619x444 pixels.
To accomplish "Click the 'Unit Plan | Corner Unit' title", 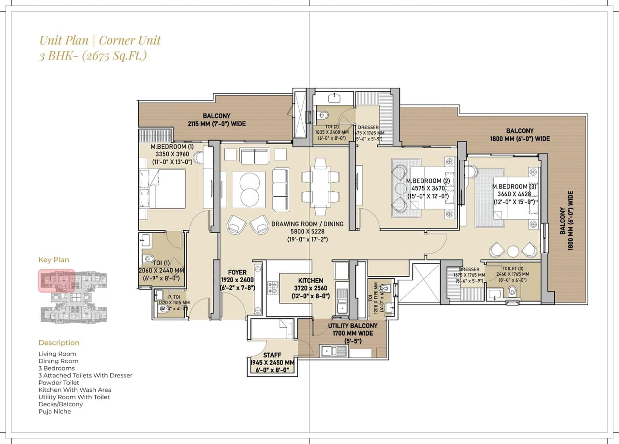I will [100, 40].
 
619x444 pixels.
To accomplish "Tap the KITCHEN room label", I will [310, 281].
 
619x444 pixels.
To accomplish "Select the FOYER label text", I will [237, 272].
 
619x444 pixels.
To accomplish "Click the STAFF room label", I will [272, 356].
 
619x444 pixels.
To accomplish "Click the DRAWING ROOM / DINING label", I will [307, 224].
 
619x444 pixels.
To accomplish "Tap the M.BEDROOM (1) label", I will [172, 147].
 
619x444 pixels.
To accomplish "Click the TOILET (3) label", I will [513, 269].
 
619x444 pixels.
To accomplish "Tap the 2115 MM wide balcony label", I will [216, 116].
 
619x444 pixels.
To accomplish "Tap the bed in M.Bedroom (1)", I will [162, 189].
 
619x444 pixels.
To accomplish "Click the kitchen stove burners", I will [273, 288].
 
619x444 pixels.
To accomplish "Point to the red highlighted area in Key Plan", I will [57, 281].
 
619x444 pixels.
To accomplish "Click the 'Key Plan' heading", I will [54, 260].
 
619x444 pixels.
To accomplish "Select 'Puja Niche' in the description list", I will [55, 412].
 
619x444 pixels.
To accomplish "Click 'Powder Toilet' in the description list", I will [59, 383].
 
